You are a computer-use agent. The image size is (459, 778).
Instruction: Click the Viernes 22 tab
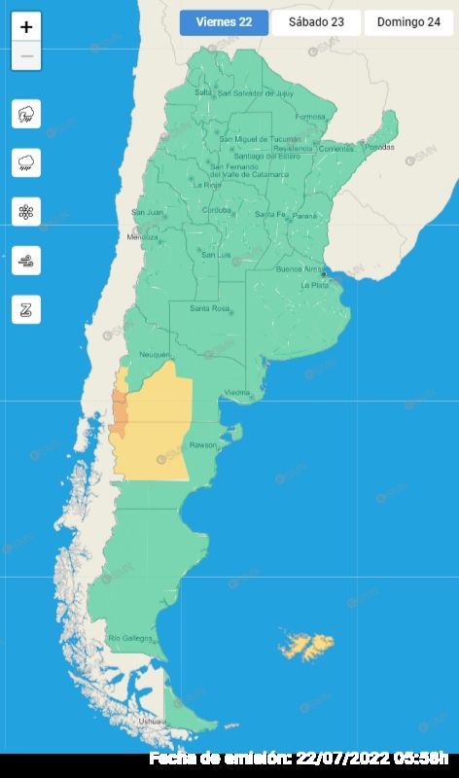(x=224, y=22)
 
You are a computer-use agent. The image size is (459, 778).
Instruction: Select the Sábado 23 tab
(x=316, y=22)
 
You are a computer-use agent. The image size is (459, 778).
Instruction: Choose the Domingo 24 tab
(x=408, y=22)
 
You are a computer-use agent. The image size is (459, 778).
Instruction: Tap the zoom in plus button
(x=26, y=27)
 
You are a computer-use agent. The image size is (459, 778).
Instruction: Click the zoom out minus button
(x=26, y=56)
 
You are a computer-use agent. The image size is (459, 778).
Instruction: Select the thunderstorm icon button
(x=26, y=114)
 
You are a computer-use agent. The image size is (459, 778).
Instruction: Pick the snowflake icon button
(x=26, y=211)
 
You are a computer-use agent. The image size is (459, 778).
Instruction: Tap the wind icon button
(x=26, y=260)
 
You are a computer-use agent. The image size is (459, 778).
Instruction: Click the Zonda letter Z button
(x=26, y=309)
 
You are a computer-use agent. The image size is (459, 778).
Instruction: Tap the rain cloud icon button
(x=26, y=162)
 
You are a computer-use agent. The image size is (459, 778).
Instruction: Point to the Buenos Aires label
(x=299, y=268)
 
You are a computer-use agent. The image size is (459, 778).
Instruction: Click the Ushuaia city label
(x=152, y=722)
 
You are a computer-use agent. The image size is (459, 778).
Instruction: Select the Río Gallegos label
(x=130, y=638)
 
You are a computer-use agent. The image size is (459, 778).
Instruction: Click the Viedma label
(x=237, y=393)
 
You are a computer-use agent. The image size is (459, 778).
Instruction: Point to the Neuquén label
(x=155, y=355)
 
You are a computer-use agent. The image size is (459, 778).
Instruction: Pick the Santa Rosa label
(x=209, y=309)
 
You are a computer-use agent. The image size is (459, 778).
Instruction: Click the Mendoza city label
(x=142, y=236)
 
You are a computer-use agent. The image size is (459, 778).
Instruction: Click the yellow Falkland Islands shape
(x=306, y=645)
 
